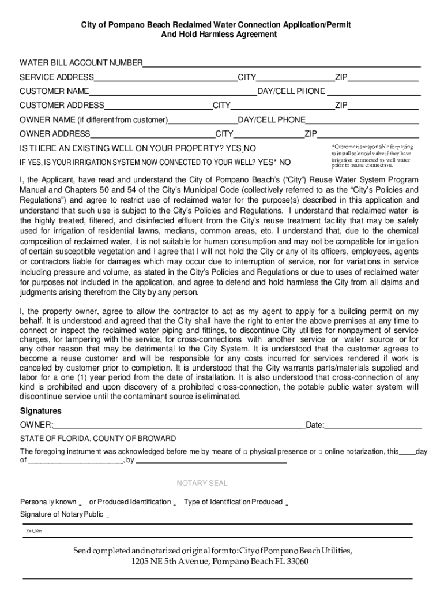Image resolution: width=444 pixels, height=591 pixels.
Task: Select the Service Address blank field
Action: tap(165, 77)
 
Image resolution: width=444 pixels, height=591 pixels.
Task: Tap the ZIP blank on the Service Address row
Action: tap(383, 77)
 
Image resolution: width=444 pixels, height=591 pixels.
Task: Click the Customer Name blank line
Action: tap(173, 91)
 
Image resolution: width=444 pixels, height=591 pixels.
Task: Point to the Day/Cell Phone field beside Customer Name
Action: tap(374, 91)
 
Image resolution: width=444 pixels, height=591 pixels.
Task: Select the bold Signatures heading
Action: tap(41, 411)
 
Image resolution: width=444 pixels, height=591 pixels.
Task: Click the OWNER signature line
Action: tap(179, 425)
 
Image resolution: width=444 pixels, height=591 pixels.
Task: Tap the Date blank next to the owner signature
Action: tap(374, 425)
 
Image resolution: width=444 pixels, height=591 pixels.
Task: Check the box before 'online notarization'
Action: tap(320, 451)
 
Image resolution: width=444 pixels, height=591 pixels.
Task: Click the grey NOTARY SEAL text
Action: tap(202, 483)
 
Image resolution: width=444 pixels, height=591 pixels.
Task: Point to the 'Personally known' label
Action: tap(48, 502)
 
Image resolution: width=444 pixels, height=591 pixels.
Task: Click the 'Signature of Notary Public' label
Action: tap(62, 514)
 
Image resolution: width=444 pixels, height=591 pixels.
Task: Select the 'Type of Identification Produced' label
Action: tap(233, 502)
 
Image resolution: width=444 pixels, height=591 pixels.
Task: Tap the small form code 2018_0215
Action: tap(34, 530)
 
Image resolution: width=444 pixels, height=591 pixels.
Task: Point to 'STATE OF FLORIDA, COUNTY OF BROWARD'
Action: tap(98, 439)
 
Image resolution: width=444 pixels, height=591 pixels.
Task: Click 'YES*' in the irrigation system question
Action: tap(267, 162)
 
